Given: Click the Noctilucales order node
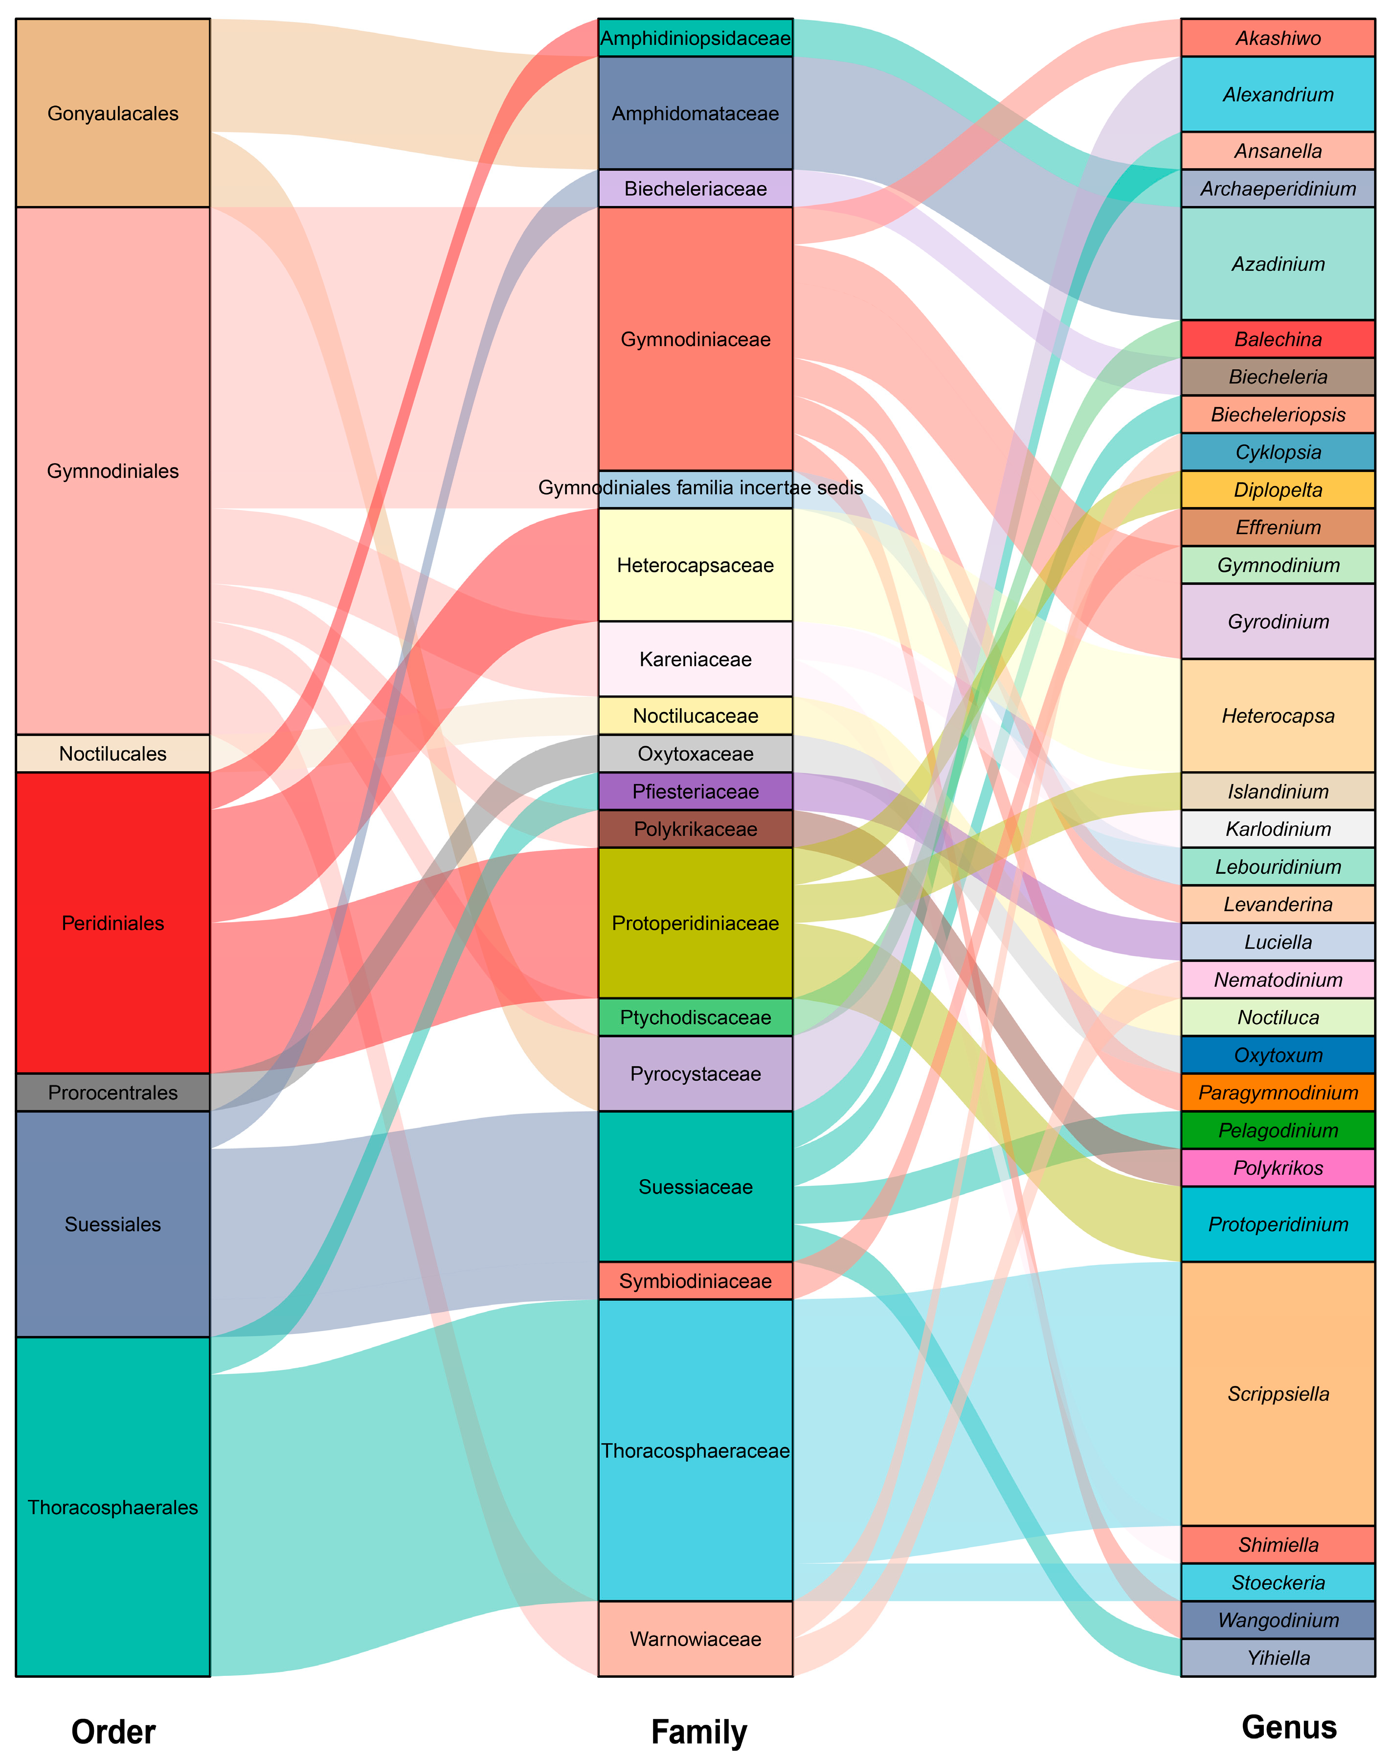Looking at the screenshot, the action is point(112,754).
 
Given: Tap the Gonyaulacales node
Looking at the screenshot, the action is point(112,113).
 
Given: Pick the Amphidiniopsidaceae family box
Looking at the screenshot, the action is point(695,38).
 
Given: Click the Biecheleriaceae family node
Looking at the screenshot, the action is point(695,188).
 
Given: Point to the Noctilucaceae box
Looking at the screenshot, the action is point(695,716).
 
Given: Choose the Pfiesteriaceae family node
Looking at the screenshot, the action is point(695,791).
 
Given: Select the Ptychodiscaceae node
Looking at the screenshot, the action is point(695,1017).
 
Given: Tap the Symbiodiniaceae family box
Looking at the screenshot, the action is point(695,1280).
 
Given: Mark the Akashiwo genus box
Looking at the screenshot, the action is point(1278,38).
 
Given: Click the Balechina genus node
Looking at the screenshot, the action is point(1278,339).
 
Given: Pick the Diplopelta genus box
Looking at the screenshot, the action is point(1278,490).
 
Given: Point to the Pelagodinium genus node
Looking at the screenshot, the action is point(1278,1130).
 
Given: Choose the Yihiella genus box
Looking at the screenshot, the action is point(1278,1657).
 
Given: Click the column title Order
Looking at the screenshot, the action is point(112,1731).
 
